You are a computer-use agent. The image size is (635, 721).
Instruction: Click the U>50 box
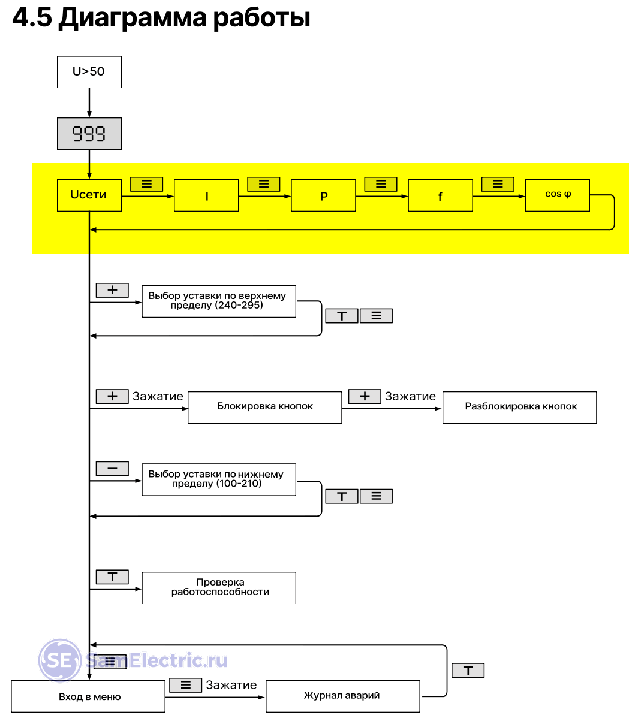click(89, 72)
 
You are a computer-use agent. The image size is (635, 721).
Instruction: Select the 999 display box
click(89, 134)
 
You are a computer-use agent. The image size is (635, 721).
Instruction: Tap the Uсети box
click(89, 195)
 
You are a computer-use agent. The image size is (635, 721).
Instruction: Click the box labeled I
click(206, 195)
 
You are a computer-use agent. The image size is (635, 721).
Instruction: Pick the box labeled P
click(323, 195)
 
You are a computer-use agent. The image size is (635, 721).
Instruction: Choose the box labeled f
click(440, 195)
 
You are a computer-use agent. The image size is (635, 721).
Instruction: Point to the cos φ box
click(558, 195)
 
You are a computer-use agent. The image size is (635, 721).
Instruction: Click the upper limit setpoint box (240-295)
click(219, 301)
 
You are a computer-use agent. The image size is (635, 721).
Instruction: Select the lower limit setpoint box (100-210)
click(219, 479)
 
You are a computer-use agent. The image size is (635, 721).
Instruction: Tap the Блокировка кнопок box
click(264, 407)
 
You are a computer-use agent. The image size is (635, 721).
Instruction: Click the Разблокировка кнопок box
click(519, 407)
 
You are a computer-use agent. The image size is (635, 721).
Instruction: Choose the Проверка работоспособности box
click(219, 587)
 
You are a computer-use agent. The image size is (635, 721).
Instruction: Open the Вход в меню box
click(88, 696)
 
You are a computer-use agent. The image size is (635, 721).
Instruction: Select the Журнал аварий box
click(342, 696)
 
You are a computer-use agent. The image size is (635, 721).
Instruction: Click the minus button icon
click(112, 469)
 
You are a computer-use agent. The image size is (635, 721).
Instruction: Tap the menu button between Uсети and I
click(147, 184)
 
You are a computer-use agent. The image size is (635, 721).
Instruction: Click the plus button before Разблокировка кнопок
click(365, 396)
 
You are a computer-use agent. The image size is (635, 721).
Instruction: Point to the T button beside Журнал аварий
click(468, 670)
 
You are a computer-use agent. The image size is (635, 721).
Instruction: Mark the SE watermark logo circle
click(60, 660)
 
